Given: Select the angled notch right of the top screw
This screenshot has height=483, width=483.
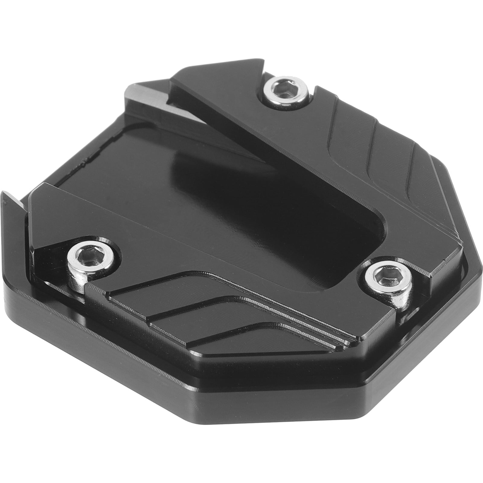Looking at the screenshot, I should [x=315, y=91].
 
